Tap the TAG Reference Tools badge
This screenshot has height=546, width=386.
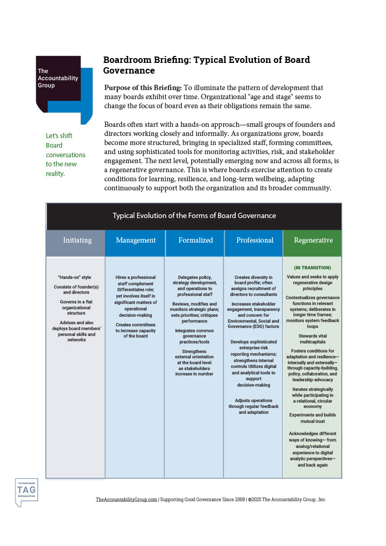pos(26,491)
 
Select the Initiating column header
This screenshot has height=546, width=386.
pos(77,240)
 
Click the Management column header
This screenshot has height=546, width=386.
pos(135,240)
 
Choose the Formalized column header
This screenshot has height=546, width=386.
pos(195,240)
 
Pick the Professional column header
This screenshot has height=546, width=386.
pos(255,240)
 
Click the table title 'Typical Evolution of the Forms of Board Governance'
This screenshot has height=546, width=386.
pos(194,216)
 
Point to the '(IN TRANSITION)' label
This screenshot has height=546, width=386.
pos(312,268)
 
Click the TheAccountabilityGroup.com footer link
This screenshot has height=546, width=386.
pos(126,500)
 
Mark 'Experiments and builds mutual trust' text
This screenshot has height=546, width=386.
pos(312,417)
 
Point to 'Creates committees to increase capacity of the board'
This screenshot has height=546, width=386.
pos(135,331)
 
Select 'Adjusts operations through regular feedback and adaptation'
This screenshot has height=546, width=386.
pos(254,406)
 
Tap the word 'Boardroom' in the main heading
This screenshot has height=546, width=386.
pos(128,60)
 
